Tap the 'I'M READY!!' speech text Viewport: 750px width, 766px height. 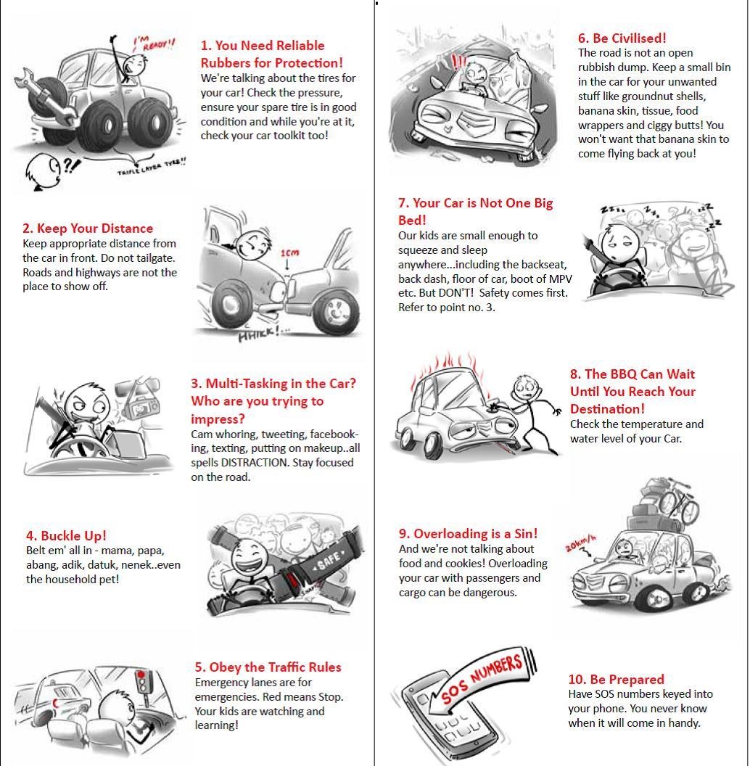click(154, 45)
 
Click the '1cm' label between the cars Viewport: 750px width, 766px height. click(289, 253)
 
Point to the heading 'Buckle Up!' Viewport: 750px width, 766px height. click(66, 536)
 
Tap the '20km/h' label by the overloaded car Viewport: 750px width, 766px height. click(582, 543)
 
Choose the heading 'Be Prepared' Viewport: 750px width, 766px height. click(616, 680)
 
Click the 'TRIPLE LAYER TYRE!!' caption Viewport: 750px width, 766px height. click(152, 167)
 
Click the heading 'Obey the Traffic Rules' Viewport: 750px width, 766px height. click(268, 667)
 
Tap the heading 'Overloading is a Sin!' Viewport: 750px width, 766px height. click(468, 535)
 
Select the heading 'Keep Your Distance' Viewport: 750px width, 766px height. click(88, 228)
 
